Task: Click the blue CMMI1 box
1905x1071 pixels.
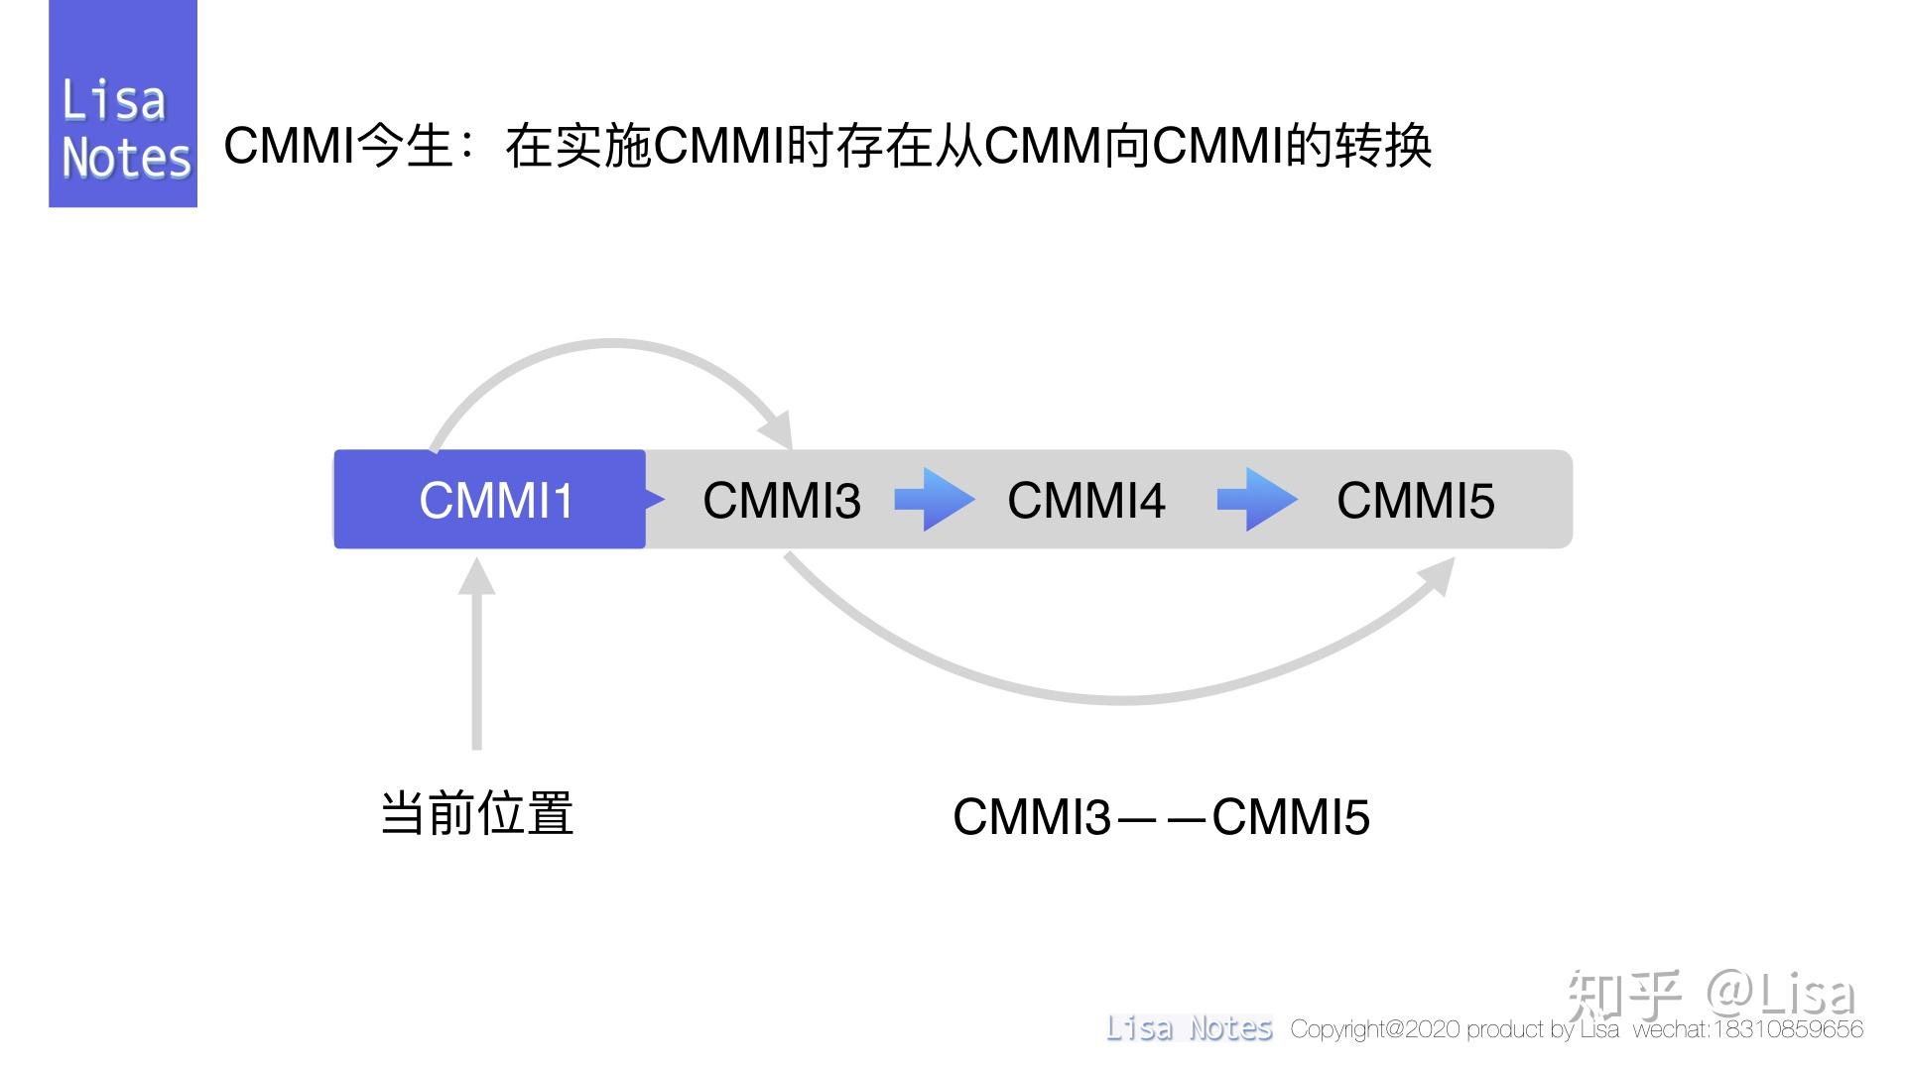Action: pyautogui.click(x=490, y=499)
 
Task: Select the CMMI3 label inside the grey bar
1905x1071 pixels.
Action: pyautogui.click(x=782, y=500)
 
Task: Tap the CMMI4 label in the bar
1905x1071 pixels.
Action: pyautogui.click(x=1085, y=500)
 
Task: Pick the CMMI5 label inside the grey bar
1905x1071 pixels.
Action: pyautogui.click(x=1415, y=500)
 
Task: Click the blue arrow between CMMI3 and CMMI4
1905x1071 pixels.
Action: pyautogui.click(x=934, y=499)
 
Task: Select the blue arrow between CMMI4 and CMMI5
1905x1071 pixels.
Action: pyautogui.click(x=1256, y=499)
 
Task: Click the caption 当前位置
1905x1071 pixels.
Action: pyautogui.click(x=477, y=813)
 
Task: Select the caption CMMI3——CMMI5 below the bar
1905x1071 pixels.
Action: pyautogui.click(x=1161, y=817)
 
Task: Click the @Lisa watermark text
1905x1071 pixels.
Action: pyautogui.click(x=1780, y=993)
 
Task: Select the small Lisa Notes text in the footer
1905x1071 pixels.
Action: pyautogui.click(x=1189, y=1028)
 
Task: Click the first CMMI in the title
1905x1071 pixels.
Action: pyautogui.click(x=290, y=146)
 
